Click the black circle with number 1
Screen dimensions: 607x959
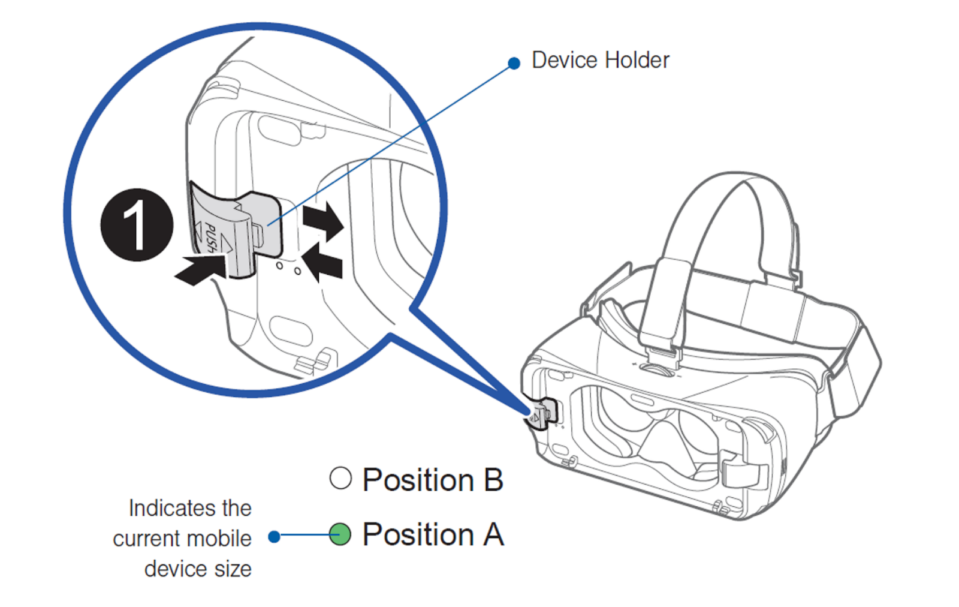[x=137, y=225]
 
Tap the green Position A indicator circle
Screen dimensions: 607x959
[x=340, y=534]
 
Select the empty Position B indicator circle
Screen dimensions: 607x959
[x=340, y=478]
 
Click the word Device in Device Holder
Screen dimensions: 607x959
[x=565, y=60]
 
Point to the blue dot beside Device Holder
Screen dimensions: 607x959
[x=514, y=63]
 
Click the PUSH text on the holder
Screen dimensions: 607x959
[x=211, y=236]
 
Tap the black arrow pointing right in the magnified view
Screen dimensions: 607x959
[x=323, y=220]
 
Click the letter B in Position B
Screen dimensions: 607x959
[x=493, y=480]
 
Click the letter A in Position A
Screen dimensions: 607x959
[x=493, y=534]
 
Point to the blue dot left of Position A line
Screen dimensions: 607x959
[x=274, y=536]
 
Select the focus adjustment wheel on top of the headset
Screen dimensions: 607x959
[x=658, y=368]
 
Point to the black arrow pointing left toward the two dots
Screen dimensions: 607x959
[x=324, y=264]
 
